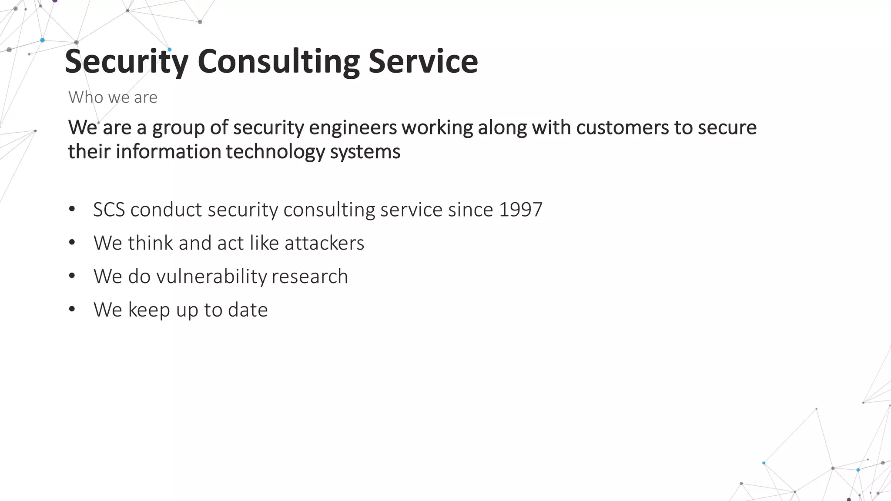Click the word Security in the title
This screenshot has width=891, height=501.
pos(126,62)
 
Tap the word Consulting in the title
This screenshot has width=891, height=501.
pos(278,62)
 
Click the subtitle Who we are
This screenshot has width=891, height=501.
pos(113,97)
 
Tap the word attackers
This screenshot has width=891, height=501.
pos(324,243)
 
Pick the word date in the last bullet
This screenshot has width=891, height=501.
pos(248,310)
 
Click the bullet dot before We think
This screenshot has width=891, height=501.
pos(72,243)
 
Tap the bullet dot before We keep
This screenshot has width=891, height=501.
pos(72,309)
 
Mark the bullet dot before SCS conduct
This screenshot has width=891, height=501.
pos(72,209)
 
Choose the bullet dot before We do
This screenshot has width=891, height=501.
pos(72,276)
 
